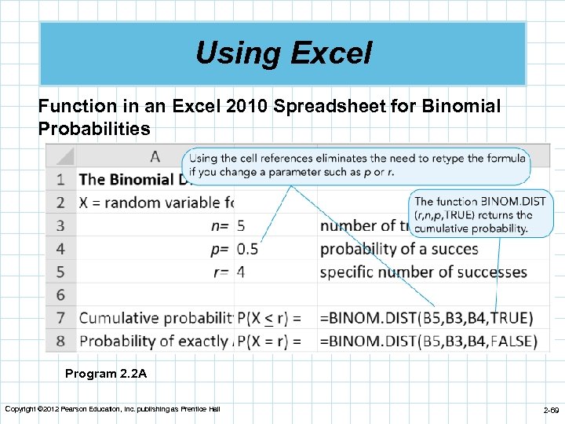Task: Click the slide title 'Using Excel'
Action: (x=282, y=53)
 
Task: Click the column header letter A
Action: (x=155, y=156)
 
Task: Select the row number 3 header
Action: (x=60, y=226)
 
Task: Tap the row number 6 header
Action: (x=60, y=295)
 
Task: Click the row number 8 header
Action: (x=60, y=342)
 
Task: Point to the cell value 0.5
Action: (x=247, y=249)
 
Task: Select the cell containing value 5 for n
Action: (x=241, y=226)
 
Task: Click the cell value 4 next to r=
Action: (x=241, y=272)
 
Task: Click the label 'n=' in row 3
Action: (x=219, y=226)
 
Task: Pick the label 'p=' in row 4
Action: (x=219, y=249)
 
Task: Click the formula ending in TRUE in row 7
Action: (x=426, y=318)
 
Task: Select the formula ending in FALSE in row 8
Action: (x=428, y=342)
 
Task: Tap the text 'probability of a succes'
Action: (x=399, y=249)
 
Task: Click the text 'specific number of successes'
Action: (x=423, y=272)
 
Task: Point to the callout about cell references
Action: (x=356, y=165)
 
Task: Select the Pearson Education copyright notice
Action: (x=112, y=409)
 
